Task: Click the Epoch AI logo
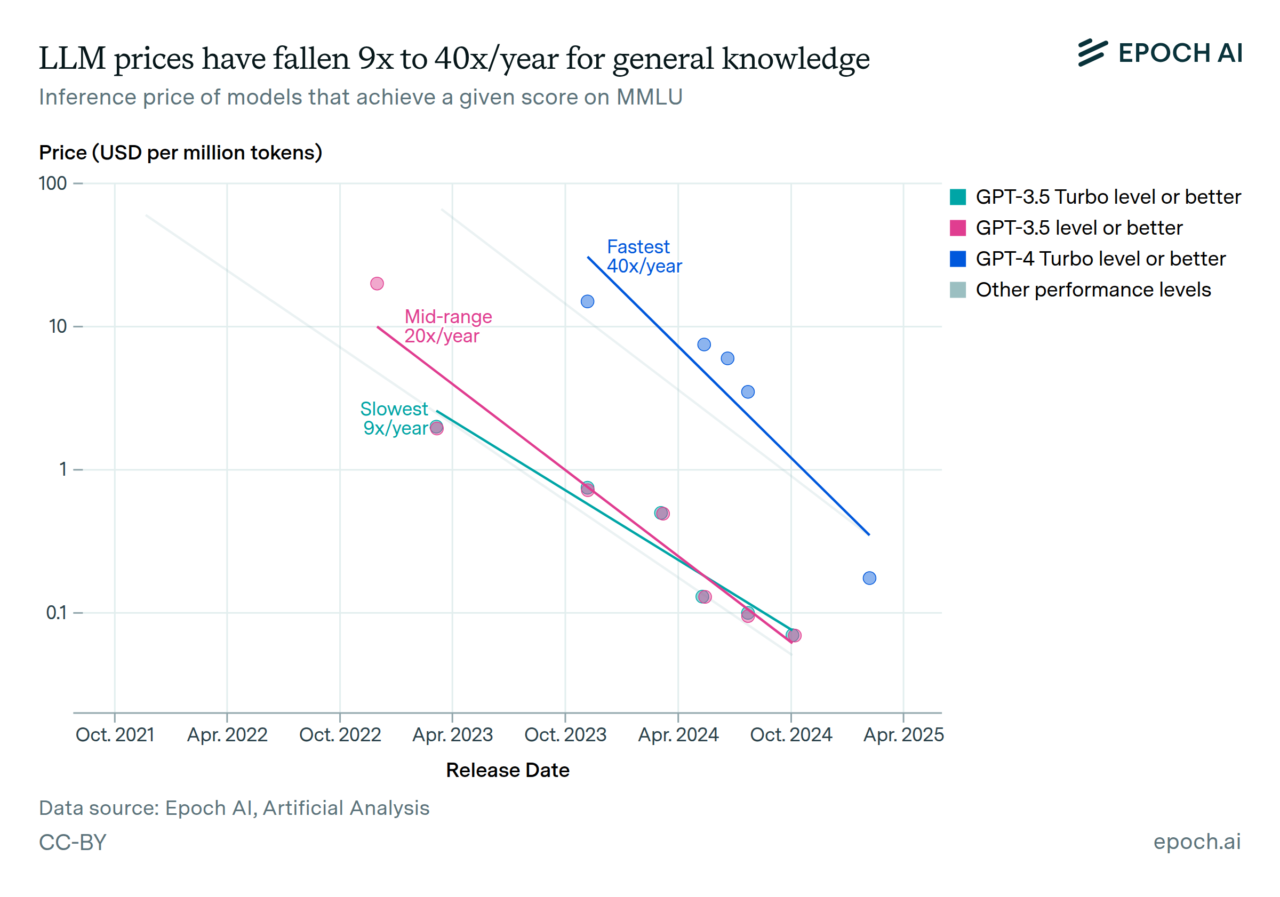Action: [1159, 53]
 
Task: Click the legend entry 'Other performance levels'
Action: [1093, 290]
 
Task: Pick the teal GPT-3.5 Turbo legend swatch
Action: [958, 197]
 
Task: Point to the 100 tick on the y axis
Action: [53, 183]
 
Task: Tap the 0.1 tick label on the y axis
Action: [57, 613]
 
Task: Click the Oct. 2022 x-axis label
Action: [340, 735]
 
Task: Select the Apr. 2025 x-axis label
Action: [903, 735]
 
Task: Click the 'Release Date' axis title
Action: [507, 771]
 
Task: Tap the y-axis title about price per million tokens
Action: [181, 153]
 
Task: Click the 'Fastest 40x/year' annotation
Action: [644, 257]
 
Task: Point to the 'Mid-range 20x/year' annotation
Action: [447, 326]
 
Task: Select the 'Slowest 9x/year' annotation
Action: [395, 418]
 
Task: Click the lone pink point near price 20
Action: [377, 284]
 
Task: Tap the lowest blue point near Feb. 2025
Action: [869, 578]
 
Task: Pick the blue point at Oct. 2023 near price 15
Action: [588, 302]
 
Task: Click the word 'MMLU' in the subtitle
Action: [649, 98]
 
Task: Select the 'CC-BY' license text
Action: [73, 843]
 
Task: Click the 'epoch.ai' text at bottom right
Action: [1197, 842]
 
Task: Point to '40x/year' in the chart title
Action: [497, 59]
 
